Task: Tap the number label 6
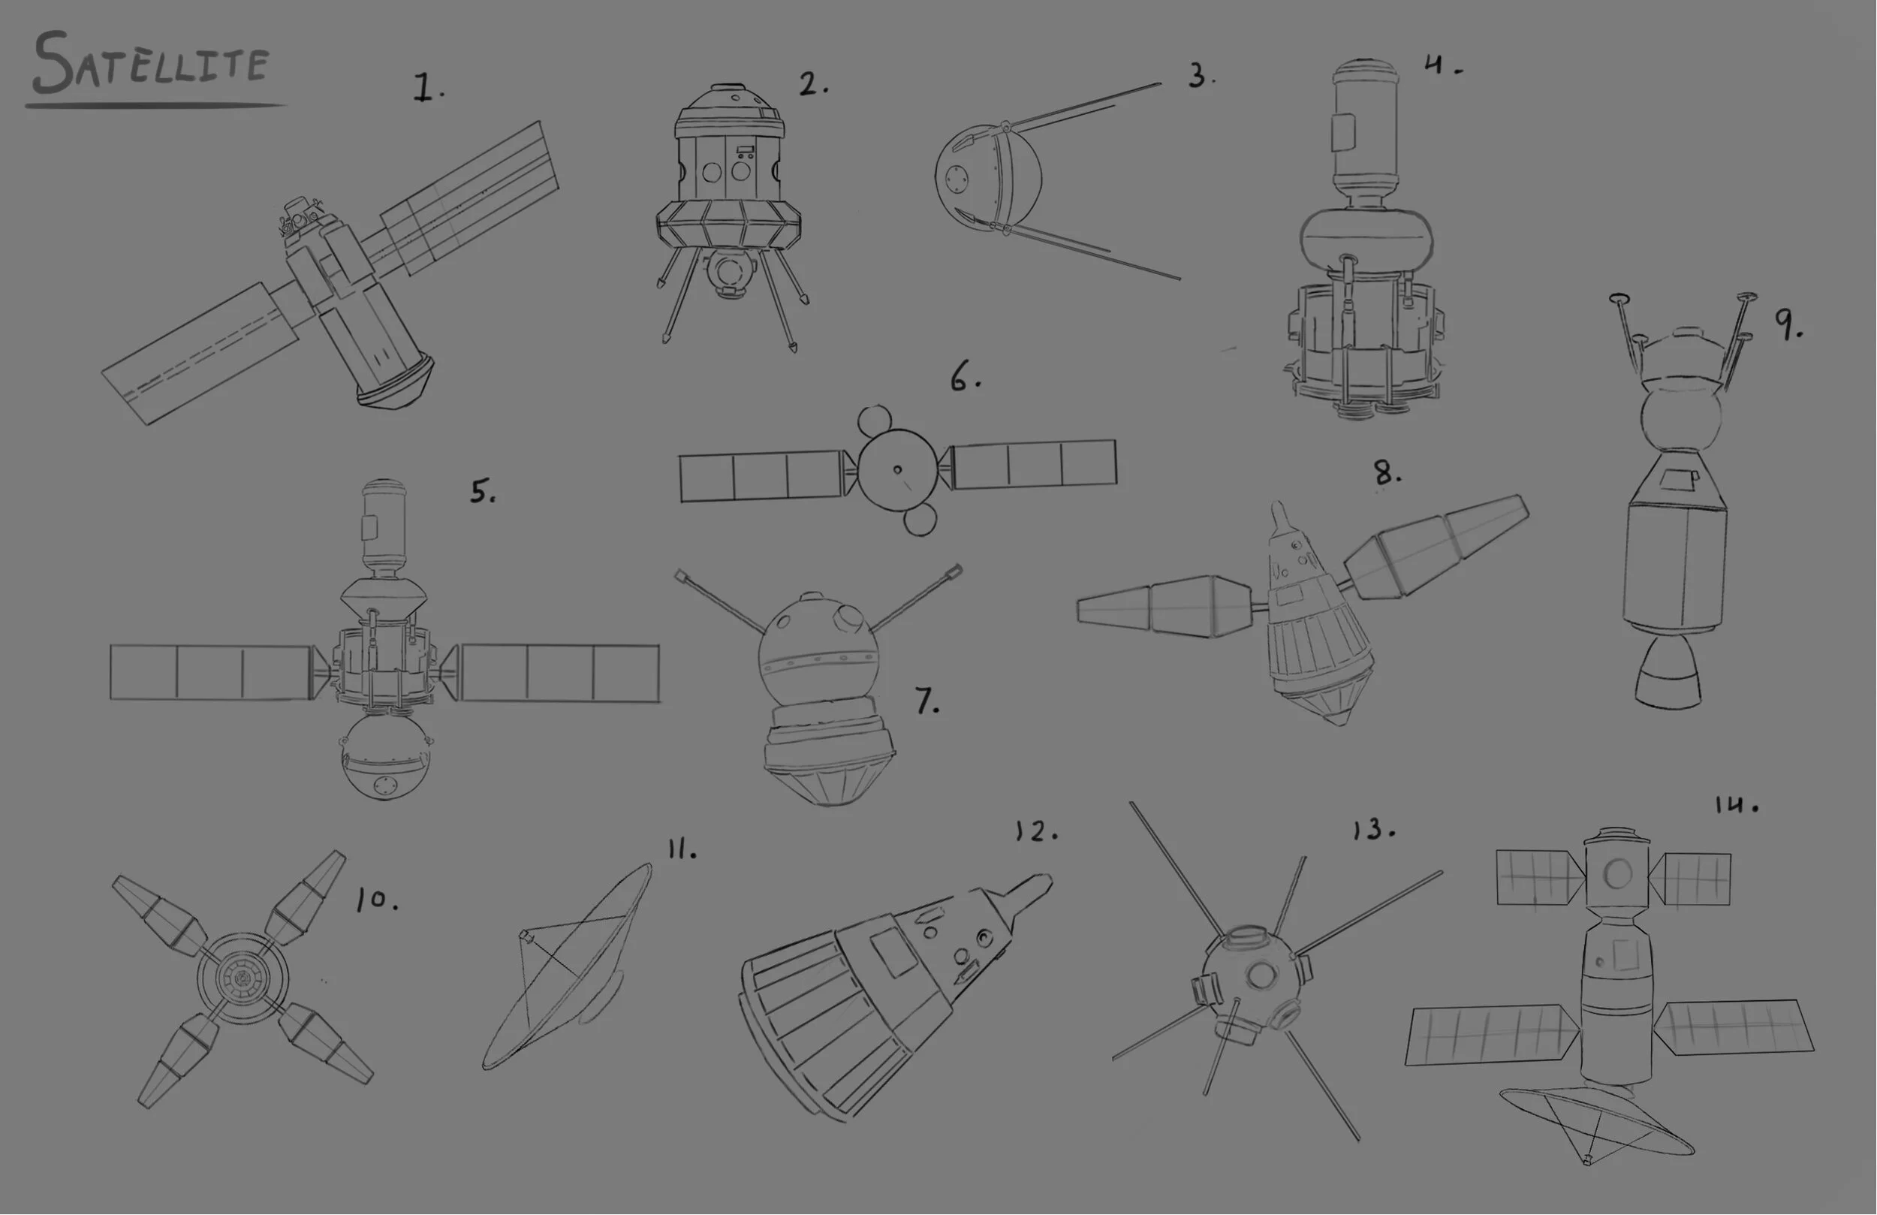pyautogui.click(x=964, y=377)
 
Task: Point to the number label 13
pyautogui.click(x=1372, y=829)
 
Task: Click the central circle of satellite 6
pyautogui.click(x=897, y=469)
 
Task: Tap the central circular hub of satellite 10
pyautogui.click(x=242, y=978)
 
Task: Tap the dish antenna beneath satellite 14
pyautogui.click(x=1593, y=1120)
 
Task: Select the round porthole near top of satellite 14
pyautogui.click(x=1617, y=873)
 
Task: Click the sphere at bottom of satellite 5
pyautogui.click(x=385, y=758)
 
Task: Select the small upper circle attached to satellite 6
pyautogui.click(x=874, y=421)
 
